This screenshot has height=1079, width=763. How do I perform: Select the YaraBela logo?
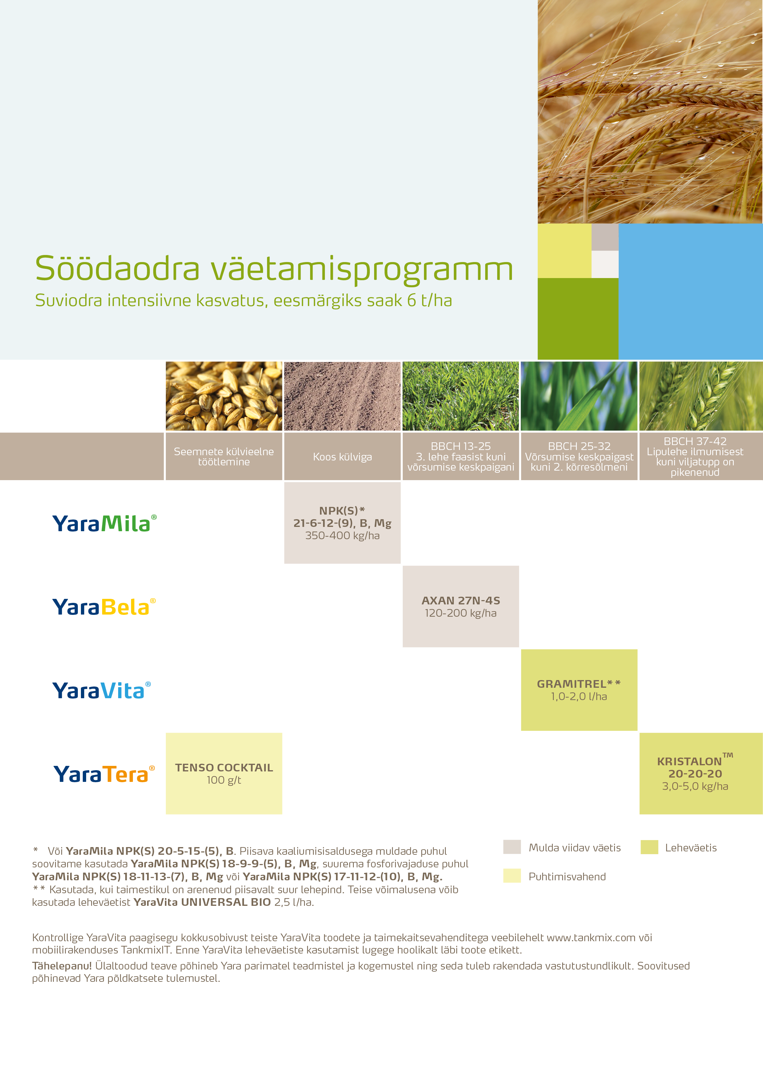pyautogui.click(x=103, y=607)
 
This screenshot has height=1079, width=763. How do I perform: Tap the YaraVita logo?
pyautogui.click(x=101, y=690)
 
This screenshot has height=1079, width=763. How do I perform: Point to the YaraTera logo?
pyautogui.click(x=103, y=774)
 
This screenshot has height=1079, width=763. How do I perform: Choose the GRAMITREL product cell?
pyautogui.click(x=579, y=690)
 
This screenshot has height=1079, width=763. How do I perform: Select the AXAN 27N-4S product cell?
pyautogui.click(x=461, y=606)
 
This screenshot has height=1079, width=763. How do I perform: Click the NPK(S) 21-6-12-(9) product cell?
pyautogui.click(x=342, y=523)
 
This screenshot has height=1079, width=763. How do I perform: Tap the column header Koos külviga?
pyautogui.click(x=342, y=457)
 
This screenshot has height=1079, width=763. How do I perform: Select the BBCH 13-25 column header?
pyautogui.click(x=461, y=456)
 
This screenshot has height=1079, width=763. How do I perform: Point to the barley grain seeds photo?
pyautogui.click(x=224, y=396)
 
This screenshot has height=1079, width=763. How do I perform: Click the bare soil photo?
pyautogui.click(x=342, y=396)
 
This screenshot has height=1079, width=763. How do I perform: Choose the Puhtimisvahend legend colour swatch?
pyautogui.click(x=512, y=876)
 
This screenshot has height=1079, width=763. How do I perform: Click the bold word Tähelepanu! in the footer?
pyautogui.click(x=62, y=966)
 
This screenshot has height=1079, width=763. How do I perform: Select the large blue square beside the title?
pyautogui.click(x=690, y=291)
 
